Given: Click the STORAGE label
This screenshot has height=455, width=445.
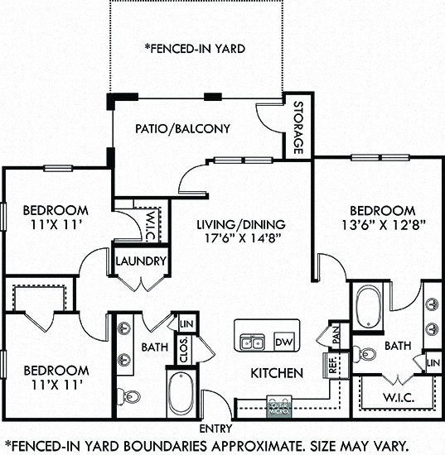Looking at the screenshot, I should click(x=297, y=129).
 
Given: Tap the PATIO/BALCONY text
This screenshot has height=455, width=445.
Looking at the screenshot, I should click(x=183, y=129).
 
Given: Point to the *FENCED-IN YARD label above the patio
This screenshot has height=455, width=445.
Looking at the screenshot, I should click(x=195, y=49).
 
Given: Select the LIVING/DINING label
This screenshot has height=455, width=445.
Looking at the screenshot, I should click(x=241, y=224).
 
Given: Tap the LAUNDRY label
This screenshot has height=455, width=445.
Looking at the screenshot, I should click(x=142, y=261).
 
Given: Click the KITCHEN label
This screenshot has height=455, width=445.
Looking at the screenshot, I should click(x=277, y=373).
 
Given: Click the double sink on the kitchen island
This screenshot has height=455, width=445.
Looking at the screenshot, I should click(x=251, y=341).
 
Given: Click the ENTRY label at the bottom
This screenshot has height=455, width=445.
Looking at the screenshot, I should click(x=217, y=428).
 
